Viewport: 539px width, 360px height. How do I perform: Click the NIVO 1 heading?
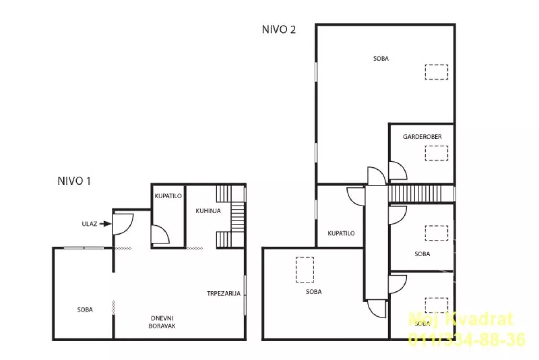(x=74, y=181)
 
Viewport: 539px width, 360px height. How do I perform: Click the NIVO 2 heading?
(x=278, y=30)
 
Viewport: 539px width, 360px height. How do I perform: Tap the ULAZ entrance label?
(x=89, y=224)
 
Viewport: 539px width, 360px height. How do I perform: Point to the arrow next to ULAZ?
(x=106, y=224)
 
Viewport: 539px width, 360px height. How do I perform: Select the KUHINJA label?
(x=208, y=211)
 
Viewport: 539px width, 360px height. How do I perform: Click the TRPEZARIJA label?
(x=224, y=293)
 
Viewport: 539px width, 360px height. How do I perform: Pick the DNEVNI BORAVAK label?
(x=162, y=322)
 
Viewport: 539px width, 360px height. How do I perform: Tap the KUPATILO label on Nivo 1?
(x=168, y=196)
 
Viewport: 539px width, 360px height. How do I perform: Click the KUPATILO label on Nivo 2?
(x=341, y=233)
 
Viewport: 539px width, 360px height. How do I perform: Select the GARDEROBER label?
(x=422, y=137)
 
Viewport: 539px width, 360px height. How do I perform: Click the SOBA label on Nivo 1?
(x=85, y=310)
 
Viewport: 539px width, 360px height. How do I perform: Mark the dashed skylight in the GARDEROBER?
(x=437, y=153)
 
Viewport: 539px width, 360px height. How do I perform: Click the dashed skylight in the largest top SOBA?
(x=437, y=72)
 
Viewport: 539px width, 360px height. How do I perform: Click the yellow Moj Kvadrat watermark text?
(x=461, y=319)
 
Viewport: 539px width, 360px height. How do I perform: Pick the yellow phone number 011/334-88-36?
(x=467, y=339)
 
